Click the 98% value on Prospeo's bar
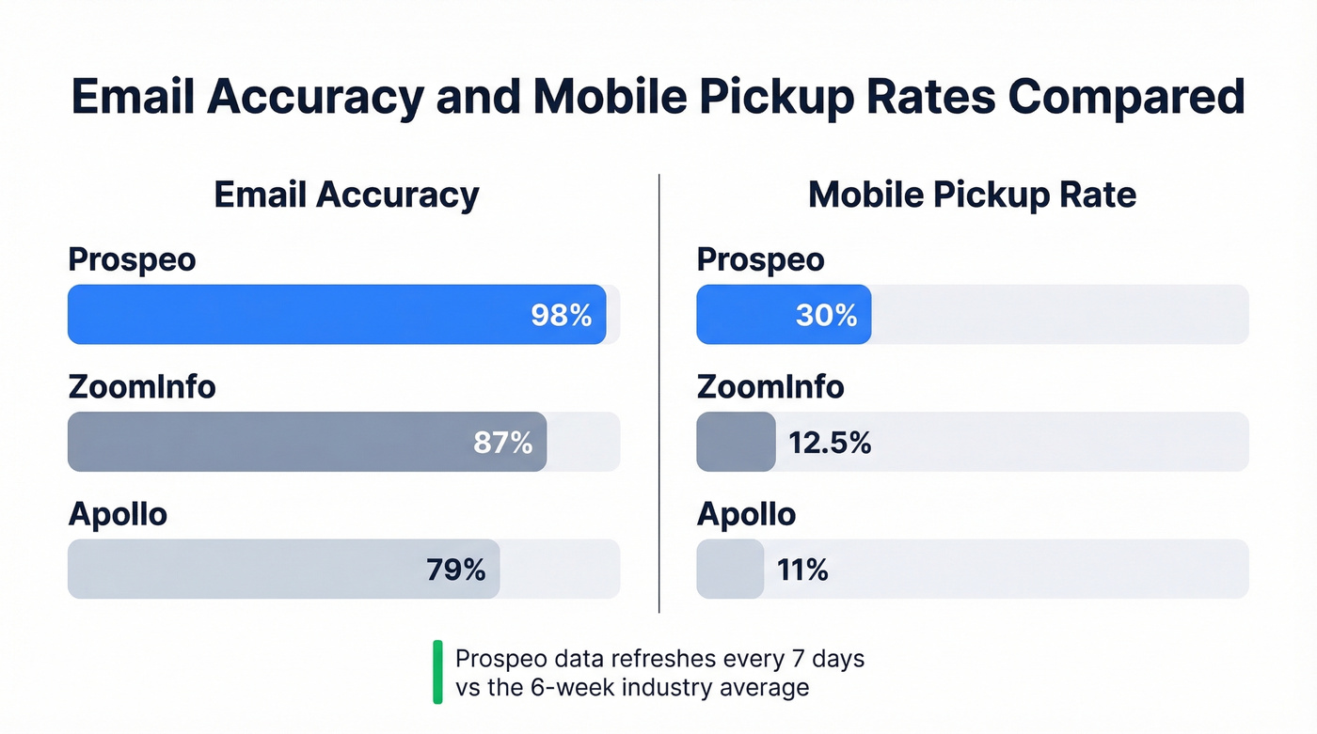pos(561,315)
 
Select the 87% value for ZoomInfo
pos(502,442)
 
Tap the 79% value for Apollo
pos(455,569)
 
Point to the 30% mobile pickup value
pos(826,315)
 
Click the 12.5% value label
pos(830,442)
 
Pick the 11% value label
pos(802,569)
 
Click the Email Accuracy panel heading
pos(346,195)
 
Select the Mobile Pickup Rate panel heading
pos(972,195)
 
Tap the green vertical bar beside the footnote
pos(437,672)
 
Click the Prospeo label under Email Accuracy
pos(132,259)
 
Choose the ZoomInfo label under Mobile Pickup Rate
pos(770,386)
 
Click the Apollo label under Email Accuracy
pos(118,514)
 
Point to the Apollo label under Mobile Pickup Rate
pos(746,514)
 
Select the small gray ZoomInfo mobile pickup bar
pos(736,442)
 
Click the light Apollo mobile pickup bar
pos(730,569)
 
